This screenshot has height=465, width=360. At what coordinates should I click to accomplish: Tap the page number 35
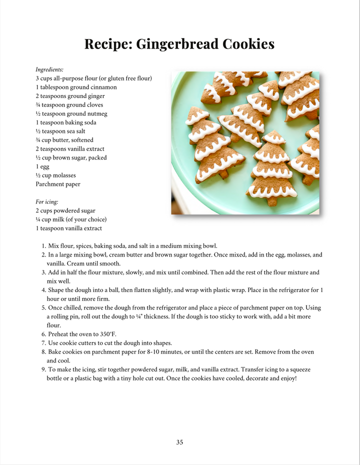tap(179, 442)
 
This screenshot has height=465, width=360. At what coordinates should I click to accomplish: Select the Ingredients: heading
tap(49, 69)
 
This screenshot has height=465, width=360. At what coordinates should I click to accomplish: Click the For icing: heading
tap(47, 202)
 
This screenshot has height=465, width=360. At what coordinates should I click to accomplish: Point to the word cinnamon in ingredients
tap(103, 87)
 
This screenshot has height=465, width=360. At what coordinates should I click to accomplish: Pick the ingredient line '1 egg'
tap(42, 166)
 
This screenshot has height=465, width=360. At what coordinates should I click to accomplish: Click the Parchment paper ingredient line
tap(57, 184)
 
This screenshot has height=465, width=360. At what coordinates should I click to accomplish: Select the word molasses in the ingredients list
tap(64, 175)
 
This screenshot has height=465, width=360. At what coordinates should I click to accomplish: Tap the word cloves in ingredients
tap(92, 105)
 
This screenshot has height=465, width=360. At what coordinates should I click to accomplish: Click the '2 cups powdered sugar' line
tap(65, 210)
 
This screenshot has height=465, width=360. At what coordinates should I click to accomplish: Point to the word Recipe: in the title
tap(104, 44)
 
